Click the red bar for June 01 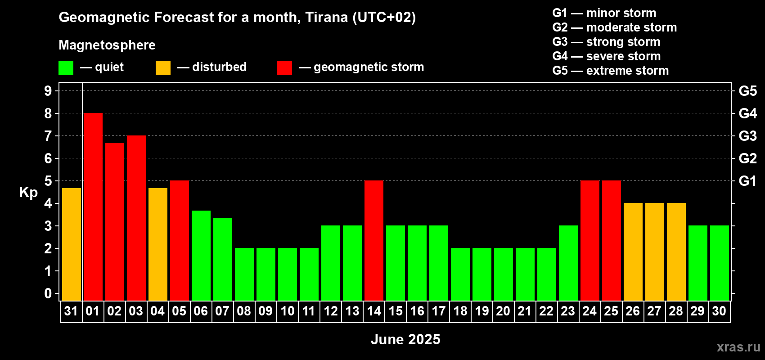click(x=93, y=207)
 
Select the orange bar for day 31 click(x=72, y=244)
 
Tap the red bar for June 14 click(x=374, y=240)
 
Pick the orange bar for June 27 click(x=655, y=252)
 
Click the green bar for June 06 click(x=201, y=256)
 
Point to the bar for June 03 click(x=136, y=218)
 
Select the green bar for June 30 click(x=720, y=263)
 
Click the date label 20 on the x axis click(x=504, y=311)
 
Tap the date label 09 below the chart click(x=265, y=311)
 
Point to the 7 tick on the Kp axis click(x=48, y=136)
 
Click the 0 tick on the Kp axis click(x=48, y=293)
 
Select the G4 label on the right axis click(x=748, y=113)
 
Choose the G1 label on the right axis click(x=748, y=181)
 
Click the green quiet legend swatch click(x=66, y=67)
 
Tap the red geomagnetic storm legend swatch click(x=285, y=67)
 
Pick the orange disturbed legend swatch click(x=163, y=67)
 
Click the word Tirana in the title click(x=326, y=18)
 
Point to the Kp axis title click(x=28, y=193)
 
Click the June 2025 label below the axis click(x=405, y=339)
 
